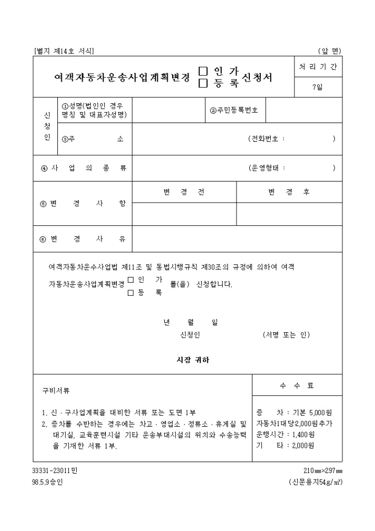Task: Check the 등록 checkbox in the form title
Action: coord(203,83)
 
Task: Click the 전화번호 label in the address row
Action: coord(266,139)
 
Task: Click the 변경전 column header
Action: coord(184,192)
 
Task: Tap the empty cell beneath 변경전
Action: coord(184,214)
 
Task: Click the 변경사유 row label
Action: coord(83,239)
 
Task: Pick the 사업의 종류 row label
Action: coord(83,168)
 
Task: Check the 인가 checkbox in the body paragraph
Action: coord(131,280)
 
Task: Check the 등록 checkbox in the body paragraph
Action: coord(131,293)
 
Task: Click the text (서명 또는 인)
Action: coord(286,335)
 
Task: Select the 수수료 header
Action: coord(297,386)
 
